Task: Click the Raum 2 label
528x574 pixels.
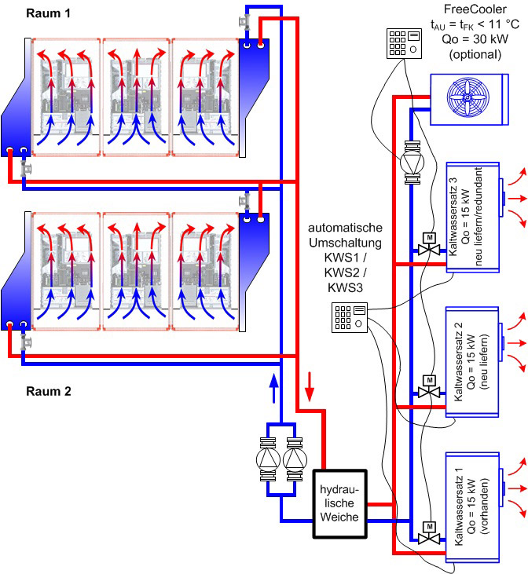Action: pos(48,390)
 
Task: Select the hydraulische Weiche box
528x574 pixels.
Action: pos(339,504)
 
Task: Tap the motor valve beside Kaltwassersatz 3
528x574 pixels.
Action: pos(429,248)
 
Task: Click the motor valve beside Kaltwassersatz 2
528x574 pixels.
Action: pos(429,393)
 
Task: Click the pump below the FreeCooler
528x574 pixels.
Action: pos(412,164)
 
